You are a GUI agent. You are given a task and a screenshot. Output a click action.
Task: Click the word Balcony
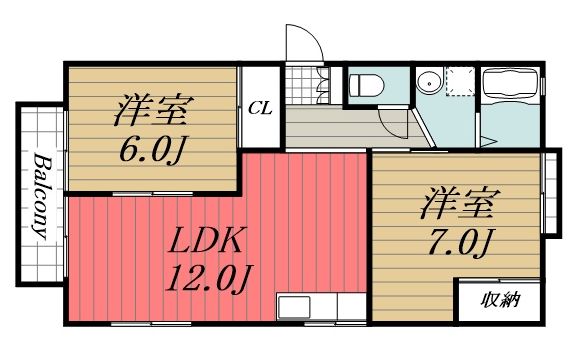41,197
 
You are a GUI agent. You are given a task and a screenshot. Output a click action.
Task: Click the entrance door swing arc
303,45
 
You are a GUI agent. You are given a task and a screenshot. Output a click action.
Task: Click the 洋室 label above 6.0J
152,105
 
